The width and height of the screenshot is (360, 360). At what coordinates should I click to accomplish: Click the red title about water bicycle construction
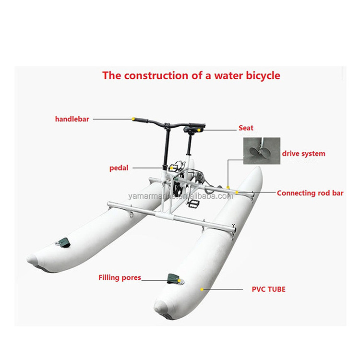[x=191, y=75]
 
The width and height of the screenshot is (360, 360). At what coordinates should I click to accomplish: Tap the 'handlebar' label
[x=72, y=119]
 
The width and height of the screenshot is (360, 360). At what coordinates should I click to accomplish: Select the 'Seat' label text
[x=246, y=128]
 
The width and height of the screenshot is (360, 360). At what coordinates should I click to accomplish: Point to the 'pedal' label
[x=119, y=168]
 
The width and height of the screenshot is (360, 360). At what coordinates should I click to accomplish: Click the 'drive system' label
[x=303, y=154]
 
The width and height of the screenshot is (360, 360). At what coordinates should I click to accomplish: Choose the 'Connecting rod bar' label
[x=310, y=193]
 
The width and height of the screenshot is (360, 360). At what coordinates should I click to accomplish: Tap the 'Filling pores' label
[x=120, y=277]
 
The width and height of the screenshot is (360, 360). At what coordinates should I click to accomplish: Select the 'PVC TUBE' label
[x=268, y=289]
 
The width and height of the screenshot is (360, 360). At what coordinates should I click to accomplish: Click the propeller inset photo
[x=262, y=151]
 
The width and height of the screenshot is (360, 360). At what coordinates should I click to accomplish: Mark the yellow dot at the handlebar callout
[x=133, y=119]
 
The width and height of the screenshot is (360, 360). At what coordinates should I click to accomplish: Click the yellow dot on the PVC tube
[x=202, y=289]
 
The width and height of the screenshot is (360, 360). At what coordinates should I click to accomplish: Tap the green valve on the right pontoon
[x=175, y=279]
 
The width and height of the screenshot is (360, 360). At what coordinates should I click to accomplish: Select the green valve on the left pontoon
[x=63, y=242]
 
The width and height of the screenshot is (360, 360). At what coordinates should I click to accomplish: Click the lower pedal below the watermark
[x=194, y=204]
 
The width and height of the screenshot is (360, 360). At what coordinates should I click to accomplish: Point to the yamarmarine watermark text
[x=180, y=196]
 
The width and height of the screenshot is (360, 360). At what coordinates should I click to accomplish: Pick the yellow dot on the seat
[x=199, y=130]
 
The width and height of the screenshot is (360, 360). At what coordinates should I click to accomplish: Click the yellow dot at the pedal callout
[x=171, y=168]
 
